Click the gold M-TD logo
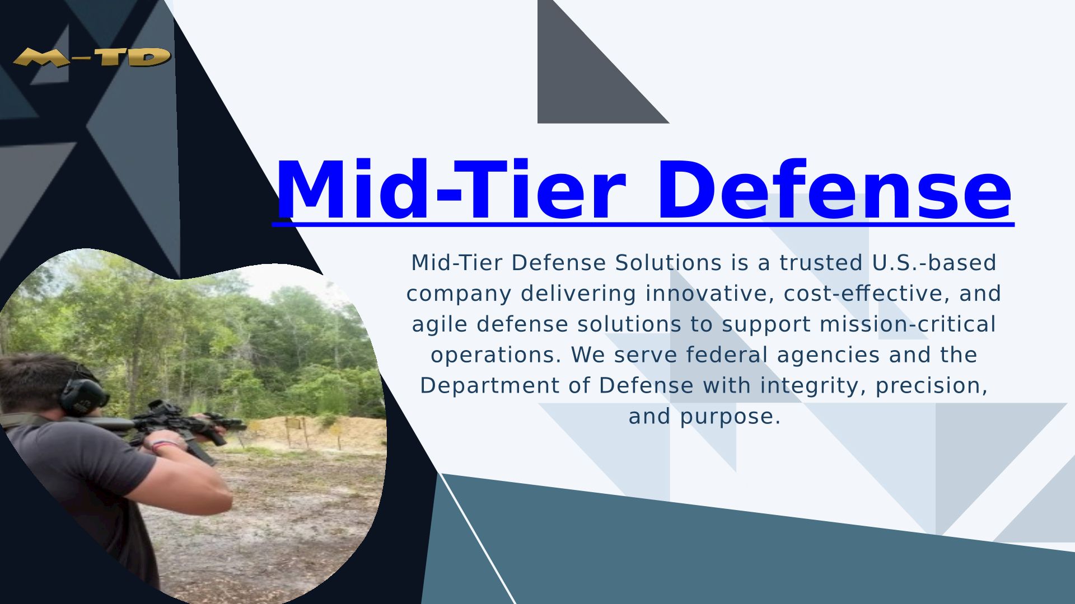coord(92,57)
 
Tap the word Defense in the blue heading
coord(834,190)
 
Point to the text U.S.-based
coord(934,263)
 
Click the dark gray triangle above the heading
coord(582,78)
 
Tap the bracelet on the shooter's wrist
coord(163,446)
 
